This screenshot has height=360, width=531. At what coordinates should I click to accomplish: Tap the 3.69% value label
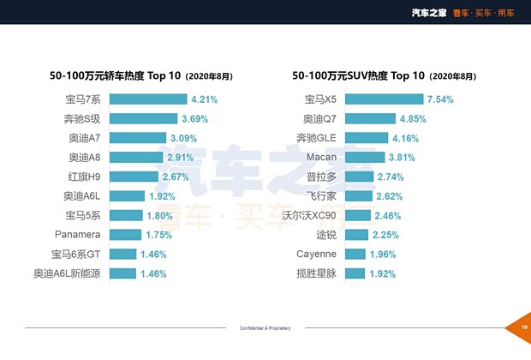tap(196, 118)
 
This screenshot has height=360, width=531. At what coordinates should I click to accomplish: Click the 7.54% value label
tap(439, 99)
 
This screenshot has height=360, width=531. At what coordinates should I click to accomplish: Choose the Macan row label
tap(321, 157)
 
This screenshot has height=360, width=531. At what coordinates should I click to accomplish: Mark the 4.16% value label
tap(406, 138)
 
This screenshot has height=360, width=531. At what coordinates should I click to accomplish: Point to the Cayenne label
tap(317, 254)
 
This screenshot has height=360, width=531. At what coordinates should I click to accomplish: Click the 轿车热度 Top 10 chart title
tap(142, 75)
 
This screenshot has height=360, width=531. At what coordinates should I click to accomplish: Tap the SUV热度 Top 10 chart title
tap(384, 75)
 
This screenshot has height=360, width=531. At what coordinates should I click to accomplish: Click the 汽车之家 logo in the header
tap(428, 12)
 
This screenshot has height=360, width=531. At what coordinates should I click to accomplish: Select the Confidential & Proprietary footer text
tap(265, 328)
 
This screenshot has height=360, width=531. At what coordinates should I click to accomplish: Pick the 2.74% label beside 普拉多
tap(391, 177)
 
